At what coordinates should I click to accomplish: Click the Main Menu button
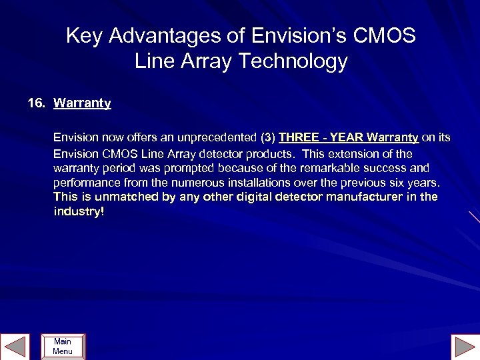[63, 346]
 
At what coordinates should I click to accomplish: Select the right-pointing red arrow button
[464, 346]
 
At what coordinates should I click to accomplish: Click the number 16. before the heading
[37, 103]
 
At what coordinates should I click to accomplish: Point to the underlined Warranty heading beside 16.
[82, 103]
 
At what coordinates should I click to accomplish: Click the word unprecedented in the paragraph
[215, 138]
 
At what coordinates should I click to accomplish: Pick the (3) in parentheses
[268, 138]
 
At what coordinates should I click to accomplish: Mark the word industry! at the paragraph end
[79, 212]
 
